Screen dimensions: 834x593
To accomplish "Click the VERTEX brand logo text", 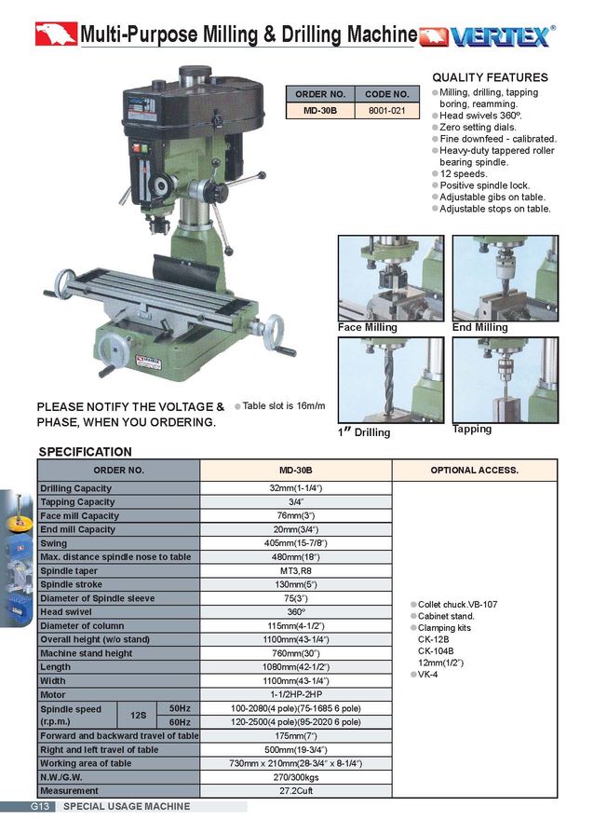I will pos(499,36).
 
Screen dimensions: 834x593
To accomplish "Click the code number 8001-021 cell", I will pos(386,110).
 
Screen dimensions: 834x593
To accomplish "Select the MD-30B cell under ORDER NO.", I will pos(320,110).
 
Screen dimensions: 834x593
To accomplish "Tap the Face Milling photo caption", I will pos(367,328).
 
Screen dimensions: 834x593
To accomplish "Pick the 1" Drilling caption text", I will pos(363,432).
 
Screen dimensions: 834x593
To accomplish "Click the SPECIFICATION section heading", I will pos(85,452).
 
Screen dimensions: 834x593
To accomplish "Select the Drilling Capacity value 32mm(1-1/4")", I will pos(295,488).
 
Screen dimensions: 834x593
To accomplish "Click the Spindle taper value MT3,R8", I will pos(295,570).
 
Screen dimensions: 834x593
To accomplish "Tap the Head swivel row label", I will pos(64,611).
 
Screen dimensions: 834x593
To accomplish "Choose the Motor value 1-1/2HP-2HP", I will pos(295,694).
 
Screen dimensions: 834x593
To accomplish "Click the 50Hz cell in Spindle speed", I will pos(179,708).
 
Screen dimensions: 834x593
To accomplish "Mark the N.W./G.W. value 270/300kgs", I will pos(295,777).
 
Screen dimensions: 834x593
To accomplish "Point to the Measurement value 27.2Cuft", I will pos(295,791).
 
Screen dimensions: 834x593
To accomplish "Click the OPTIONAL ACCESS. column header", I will pos(474,471).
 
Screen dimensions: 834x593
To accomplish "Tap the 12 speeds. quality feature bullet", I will pos(463,174).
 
